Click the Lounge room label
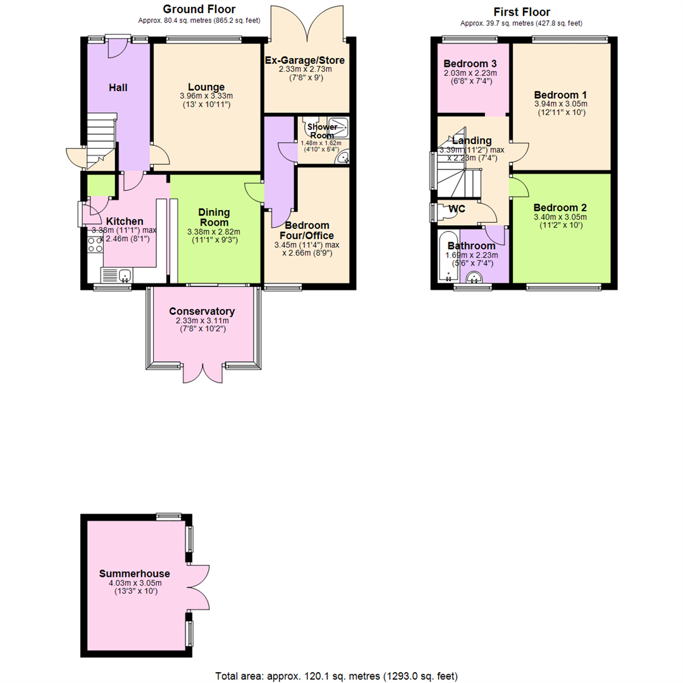206,87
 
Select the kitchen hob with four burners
94,245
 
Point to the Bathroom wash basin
474,276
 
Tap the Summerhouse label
135,574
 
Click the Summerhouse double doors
199,588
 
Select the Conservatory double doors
203,373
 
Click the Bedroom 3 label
469,64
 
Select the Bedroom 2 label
560,207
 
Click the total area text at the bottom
336,675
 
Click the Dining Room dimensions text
214,236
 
